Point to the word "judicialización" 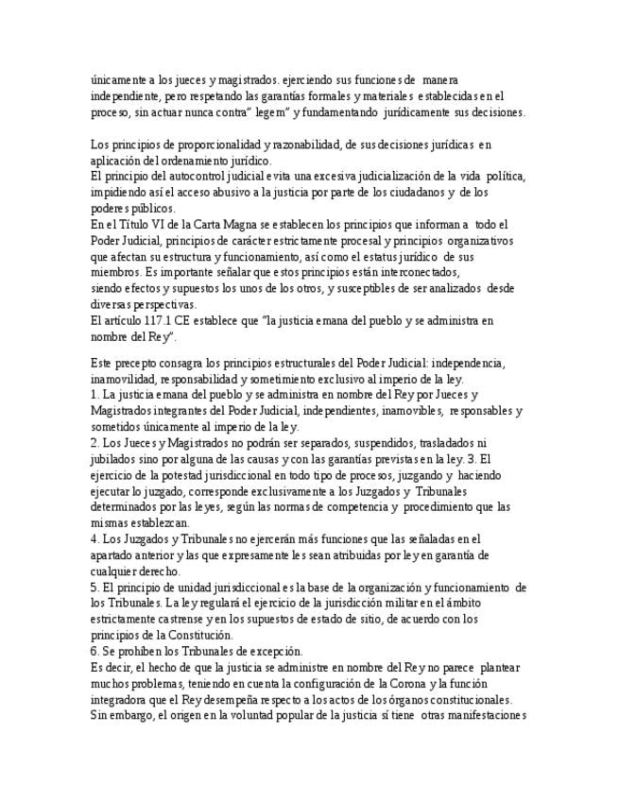[x=425, y=177]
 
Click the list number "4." [x=96, y=538]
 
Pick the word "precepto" [x=138, y=362]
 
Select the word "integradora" [x=128, y=699]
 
